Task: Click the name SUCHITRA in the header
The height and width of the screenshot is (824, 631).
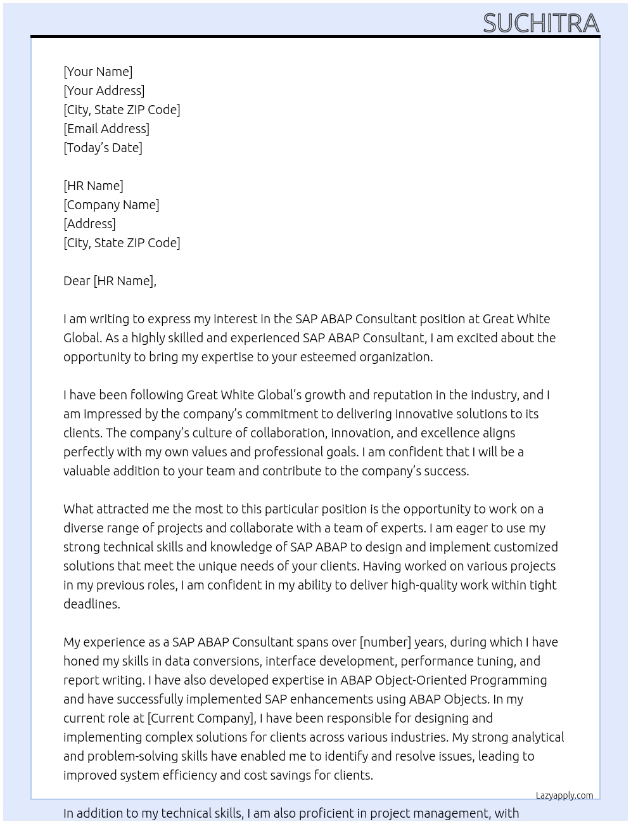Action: click(x=540, y=23)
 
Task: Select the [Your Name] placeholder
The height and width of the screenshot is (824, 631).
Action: click(x=98, y=72)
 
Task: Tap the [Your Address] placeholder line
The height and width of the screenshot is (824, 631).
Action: click(x=104, y=91)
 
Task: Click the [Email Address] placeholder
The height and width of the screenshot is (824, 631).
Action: click(x=106, y=129)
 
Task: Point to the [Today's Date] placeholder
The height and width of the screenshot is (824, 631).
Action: click(x=103, y=148)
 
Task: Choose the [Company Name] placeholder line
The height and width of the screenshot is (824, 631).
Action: click(x=111, y=205)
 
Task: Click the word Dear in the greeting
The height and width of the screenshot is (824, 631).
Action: click(x=77, y=281)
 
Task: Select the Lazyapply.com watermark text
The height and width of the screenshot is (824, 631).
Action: click(x=564, y=795)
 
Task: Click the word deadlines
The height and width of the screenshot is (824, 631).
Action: click(x=91, y=604)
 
